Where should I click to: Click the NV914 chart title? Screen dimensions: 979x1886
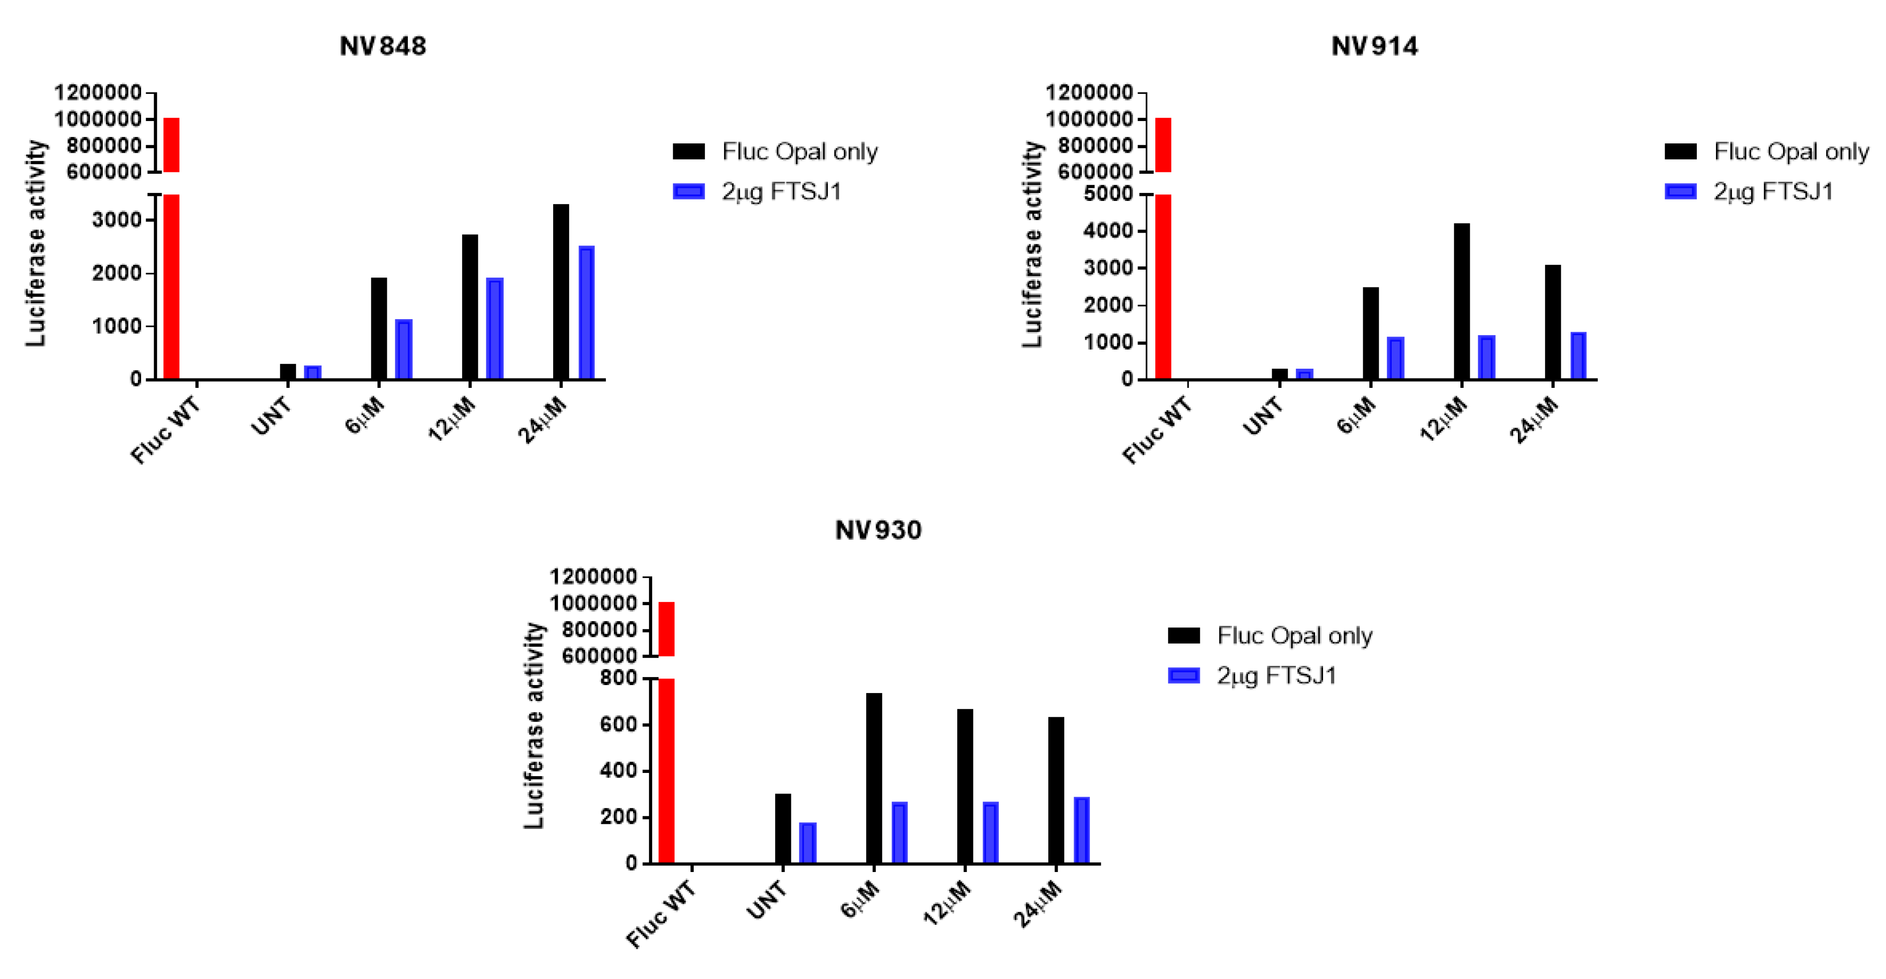pos(1374,46)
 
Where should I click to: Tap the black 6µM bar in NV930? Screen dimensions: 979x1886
pos(874,778)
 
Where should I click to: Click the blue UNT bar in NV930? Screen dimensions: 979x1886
pos(808,843)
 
